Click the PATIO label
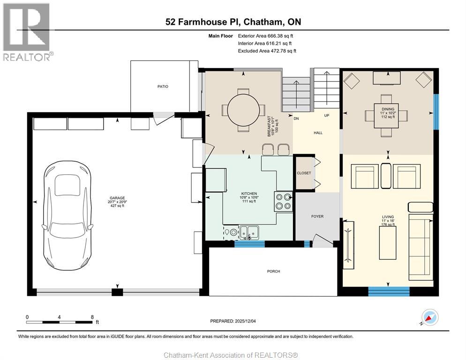(163, 87)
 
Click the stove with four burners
(283, 201)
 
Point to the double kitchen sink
(249, 232)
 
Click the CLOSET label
(304, 173)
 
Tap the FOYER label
(317, 217)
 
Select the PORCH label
(273, 271)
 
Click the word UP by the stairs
(327, 116)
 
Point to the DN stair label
(296, 119)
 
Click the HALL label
(318, 133)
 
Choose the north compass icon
(430, 317)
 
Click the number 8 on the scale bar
(92, 317)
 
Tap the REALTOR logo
(27, 32)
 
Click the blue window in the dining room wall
(436, 112)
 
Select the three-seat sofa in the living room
(421, 247)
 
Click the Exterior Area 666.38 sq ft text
(265, 36)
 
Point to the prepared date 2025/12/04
(245, 321)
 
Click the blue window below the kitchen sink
(249, 244)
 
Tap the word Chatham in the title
(262, 22)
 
